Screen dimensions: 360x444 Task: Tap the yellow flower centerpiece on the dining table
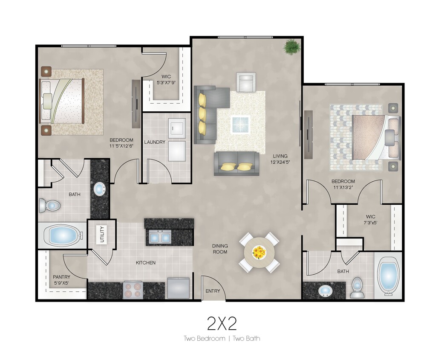click(259, 253)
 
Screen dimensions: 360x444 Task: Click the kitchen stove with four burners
click(133, 290)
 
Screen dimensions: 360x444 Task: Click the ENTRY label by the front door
click(213, 291)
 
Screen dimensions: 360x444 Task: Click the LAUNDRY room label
click(155, 142)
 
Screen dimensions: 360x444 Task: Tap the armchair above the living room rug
click(246, 82)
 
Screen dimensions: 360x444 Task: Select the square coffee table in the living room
click(241, 124)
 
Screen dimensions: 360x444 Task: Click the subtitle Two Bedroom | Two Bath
click(222, 339)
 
